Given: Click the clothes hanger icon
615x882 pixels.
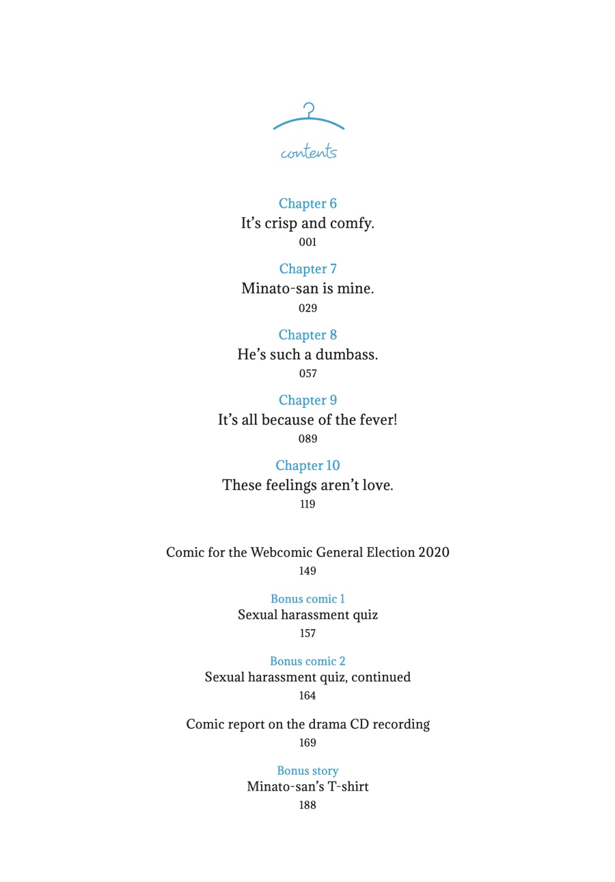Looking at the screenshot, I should (x=309, y=118).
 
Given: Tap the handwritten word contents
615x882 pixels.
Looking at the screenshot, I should (x=309, y=152).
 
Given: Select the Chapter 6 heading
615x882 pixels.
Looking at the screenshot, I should (x=307, y=204).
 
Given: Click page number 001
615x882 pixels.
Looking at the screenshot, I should (x=307, y=243).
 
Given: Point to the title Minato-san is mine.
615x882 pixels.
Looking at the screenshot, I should (x=307, y=289).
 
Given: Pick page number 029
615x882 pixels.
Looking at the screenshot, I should (x=307, y=308).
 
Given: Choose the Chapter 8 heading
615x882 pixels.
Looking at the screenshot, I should (x=307, y=335).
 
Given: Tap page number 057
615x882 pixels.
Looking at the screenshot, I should (x=307, y=374).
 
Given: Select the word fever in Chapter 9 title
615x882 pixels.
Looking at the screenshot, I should (x=378, y=420).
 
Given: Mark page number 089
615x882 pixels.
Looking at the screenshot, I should (x=307, y=439).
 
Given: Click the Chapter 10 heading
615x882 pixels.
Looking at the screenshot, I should (x=307, y=466).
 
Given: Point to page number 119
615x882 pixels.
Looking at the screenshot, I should (x=307, y=505).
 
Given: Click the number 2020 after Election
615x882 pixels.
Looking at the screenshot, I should (x=433, y=553).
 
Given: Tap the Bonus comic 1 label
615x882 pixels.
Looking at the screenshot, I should (x=307, y=599).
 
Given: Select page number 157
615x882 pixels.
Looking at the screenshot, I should (x=307, y=633).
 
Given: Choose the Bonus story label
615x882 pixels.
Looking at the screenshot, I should (x=307, y=771).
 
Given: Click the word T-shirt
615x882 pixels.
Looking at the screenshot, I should (x=346, y=787).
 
